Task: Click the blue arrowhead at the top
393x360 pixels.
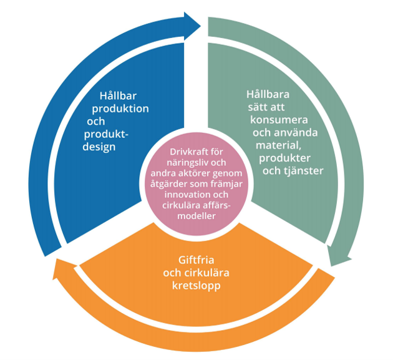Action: [192, 26]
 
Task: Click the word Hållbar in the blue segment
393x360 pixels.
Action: [118, 95]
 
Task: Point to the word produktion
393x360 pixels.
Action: [120, 109]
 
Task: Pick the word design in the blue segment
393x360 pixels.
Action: [99, 147]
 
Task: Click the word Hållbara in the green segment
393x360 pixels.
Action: [268, 94]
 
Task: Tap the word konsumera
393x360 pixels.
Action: [279, 120]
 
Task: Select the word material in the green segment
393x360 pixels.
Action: [278, 145]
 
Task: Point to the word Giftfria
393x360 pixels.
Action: [196, 260]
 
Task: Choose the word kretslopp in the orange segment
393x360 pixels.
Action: [196, 286]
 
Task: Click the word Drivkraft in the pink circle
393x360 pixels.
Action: [185, 152]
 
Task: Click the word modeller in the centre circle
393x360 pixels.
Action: [196, 216]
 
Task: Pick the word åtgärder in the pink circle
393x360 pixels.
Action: [169, 184]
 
